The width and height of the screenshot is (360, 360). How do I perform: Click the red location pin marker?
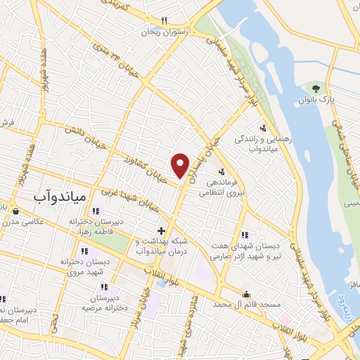coord(181,165)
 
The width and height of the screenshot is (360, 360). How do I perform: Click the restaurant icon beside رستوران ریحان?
coord(164,21)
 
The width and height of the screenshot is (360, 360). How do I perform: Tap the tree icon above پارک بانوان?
coord(316,89)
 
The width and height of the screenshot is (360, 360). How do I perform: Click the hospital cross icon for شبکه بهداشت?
coord(161,230)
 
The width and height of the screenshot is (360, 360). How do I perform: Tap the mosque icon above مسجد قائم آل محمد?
coord(246,295)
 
